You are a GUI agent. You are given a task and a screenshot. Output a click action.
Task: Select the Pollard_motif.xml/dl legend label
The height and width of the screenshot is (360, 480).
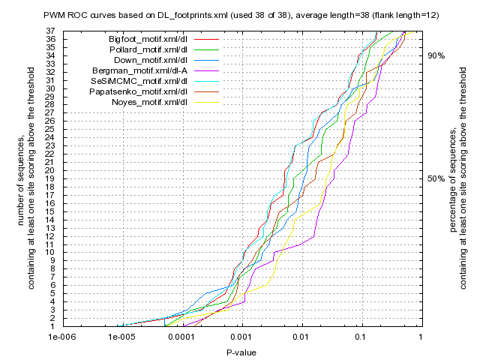pos(148,49)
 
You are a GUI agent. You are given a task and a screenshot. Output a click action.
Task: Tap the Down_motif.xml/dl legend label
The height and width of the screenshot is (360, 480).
pos(150,59)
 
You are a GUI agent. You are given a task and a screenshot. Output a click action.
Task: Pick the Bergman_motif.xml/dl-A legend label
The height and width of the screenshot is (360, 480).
pos(145,70)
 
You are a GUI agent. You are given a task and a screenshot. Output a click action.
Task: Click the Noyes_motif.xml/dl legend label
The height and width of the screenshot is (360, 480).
pos(149,101)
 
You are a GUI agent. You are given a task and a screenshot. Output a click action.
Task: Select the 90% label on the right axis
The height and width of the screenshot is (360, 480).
pos(436,55)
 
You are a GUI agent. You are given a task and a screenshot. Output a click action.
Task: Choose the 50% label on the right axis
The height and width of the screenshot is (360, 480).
pos(436,178)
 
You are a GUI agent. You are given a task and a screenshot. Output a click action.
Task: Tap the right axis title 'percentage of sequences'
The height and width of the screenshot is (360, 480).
pos(454,180)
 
